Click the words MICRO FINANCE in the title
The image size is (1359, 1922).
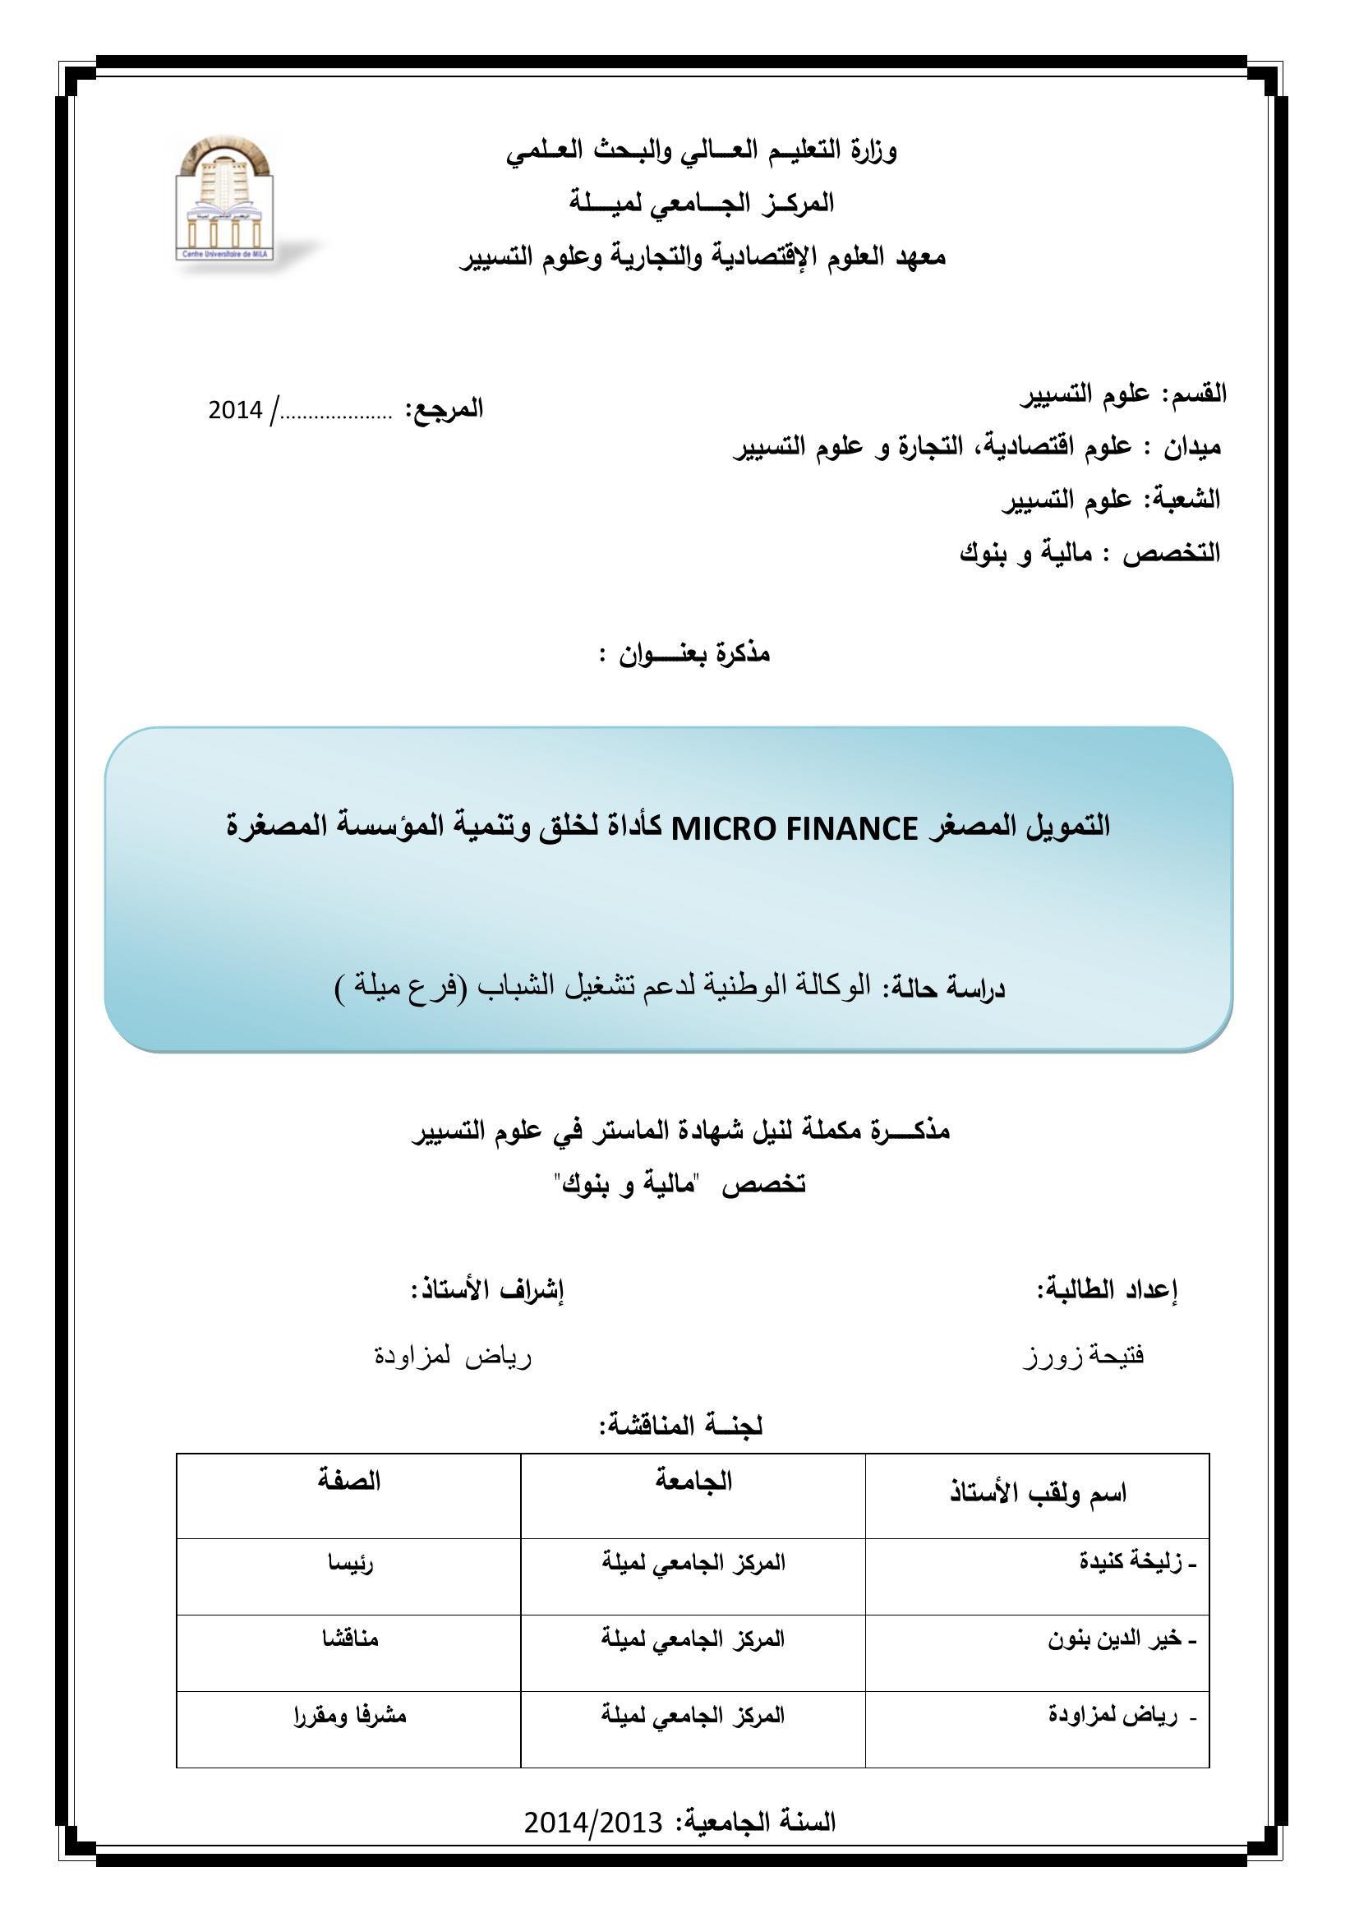pos(795,829)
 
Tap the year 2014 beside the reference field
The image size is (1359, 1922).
pos(235,410)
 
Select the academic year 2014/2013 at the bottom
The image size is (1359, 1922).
pos(593,1821)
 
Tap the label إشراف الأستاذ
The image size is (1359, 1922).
pos(487,1290)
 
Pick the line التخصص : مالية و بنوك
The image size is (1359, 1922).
pos(1090,553)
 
